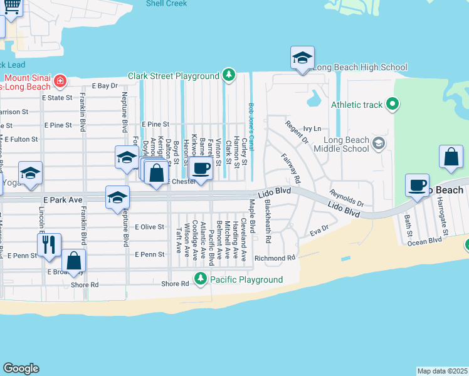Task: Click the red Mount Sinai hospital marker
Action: tap(60, 80)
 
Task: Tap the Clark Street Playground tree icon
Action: tap(229, 76)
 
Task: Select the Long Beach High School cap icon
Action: tap(302, 59)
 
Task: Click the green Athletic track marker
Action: tap(393, 104)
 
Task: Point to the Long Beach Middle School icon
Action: tap(378, 144)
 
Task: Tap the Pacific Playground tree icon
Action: tap(201, 278)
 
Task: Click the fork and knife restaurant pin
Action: tap(49, 244)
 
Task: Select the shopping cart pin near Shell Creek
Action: tap(11, 8)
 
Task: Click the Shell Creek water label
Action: tap(166, 3)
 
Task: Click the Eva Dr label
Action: tap(319, 231)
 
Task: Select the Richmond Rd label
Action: tap(275, 258)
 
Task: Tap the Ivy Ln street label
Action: tap(311, 128)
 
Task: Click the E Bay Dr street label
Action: tap(105, 85)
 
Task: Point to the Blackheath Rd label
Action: tap(268, 222)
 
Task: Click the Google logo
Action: tap(21, 368)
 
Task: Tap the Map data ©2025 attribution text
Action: tap(442, 371)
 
